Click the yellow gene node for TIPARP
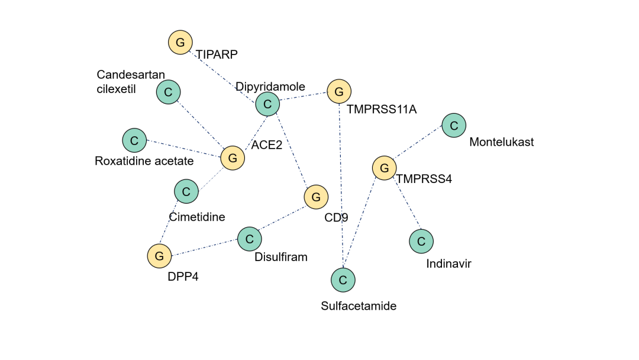tap(180, 43)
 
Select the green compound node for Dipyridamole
tap(267, 105)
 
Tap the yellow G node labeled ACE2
tap(233, 158)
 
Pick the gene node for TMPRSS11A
tap(339, 92)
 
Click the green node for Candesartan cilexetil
tap(169, 92)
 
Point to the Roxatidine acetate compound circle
tap(134, 140)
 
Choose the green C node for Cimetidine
tap(186, 191)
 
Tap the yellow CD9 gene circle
tap(316, 197)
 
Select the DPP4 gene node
tap(159, 256)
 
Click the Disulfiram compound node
tap(250, 239)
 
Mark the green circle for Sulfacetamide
tap(343, 280)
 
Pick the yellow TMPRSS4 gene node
tap(385, 168)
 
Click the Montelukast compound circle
tap(454, 126)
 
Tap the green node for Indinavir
tap(421, 241)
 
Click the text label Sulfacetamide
tap(359, 306)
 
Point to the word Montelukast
tap(501, 142)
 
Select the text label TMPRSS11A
tap(382, 110)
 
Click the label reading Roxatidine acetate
tap(144, 161)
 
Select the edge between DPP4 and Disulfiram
tap(204, 247)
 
